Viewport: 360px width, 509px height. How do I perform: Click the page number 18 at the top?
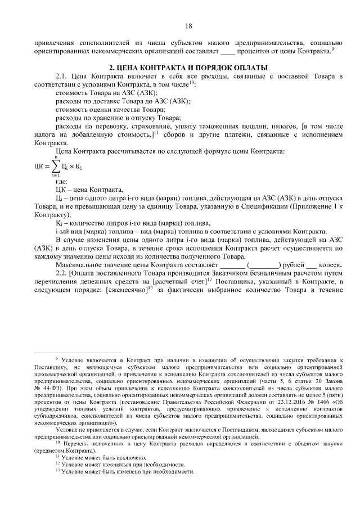tap(188, 26)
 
